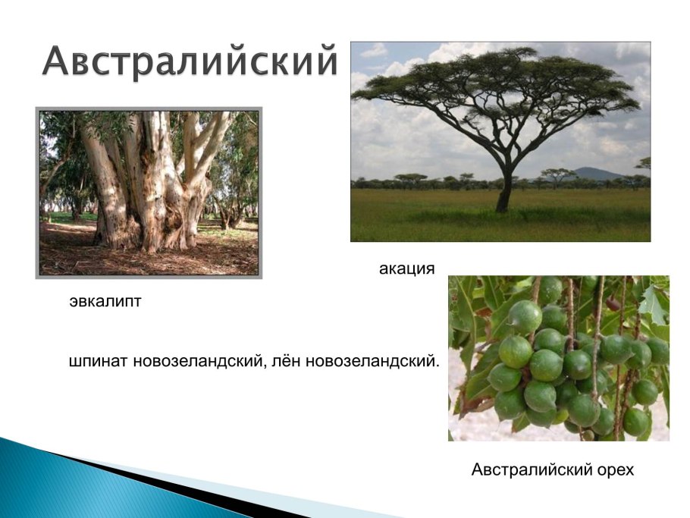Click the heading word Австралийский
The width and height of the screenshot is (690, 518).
tap(189, 61)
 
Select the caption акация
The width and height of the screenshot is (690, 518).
tap(406, 268)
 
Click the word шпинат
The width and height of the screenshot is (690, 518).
tap(99, 360)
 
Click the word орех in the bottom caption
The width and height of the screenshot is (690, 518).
tap(613, 469)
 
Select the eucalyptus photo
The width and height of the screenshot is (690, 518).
tap(149, 193)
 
